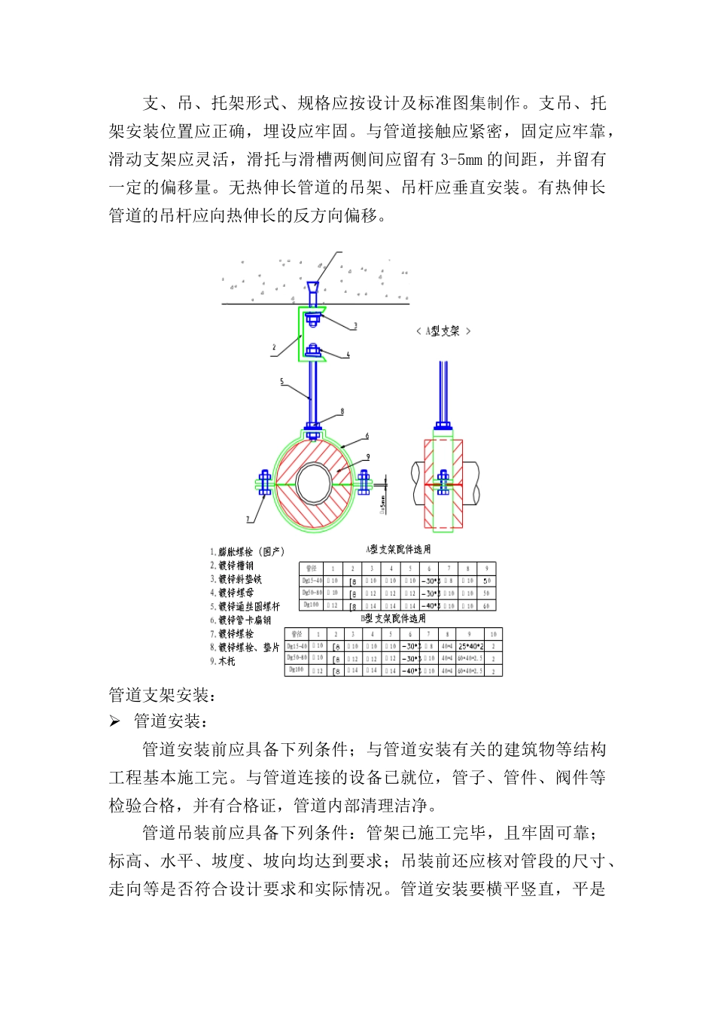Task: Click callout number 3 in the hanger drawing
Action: (x=356, y=326)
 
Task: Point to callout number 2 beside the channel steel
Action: (x=274, y=348)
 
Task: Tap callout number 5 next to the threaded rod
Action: (x=282, y=382)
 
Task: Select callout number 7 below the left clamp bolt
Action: (x=248, y=520)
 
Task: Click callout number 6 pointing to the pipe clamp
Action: (x=367, y=436)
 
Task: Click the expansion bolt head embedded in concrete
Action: (x=312, y=288)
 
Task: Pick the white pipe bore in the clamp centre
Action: (x=314, y=480)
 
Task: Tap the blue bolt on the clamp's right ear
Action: (x=364, y=482)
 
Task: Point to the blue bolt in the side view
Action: (x=443, y=482)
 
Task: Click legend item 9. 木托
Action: (x=223, y=661)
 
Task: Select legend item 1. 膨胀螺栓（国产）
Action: (x=248, y=552)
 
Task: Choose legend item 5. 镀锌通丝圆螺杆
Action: (x=245, y=606)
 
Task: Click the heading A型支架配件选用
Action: (x=399, y=550)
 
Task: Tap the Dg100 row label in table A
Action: (x=311, y=605)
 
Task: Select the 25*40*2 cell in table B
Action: (x=470, y=646)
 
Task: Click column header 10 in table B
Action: (x=493, y=634)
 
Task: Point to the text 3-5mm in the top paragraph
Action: (x=461, y=160)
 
